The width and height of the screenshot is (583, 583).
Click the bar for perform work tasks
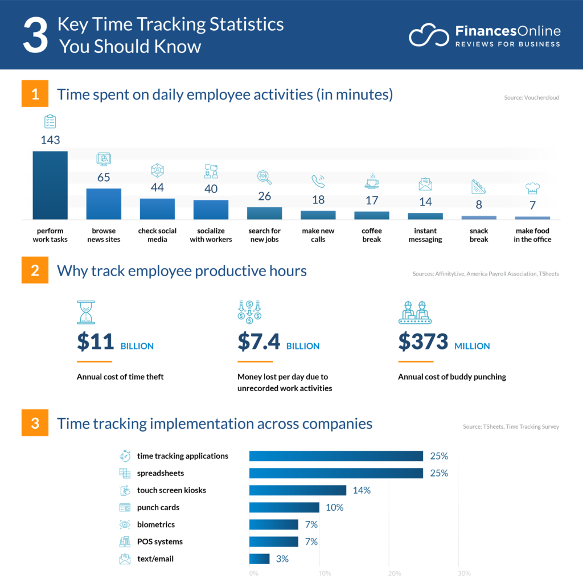coord(50,185)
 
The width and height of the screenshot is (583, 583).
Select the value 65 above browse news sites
coord(104,178)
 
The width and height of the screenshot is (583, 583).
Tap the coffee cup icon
coord(371,181)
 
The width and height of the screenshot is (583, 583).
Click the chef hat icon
coord(532,188)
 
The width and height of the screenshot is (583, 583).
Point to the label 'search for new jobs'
coord(264,235)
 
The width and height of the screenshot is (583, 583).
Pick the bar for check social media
coord(157,209)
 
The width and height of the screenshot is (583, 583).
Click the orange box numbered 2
coord(35,270)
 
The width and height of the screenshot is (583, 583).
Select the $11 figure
coord(95,342)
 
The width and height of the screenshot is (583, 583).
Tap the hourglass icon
coord(86,313)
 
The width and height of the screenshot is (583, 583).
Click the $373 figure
coord(423,342)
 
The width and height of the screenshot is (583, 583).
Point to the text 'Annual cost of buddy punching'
coord(452,377)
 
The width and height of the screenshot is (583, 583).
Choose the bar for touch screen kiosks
coord(298,490)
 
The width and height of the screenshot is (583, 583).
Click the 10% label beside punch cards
coord(334,507)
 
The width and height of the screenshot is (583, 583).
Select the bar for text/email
coord(260,559)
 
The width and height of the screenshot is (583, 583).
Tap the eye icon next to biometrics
coord(125,524)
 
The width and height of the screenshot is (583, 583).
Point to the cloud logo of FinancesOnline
coord(428,35)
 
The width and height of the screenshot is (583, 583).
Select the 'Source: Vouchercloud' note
coord(531,98)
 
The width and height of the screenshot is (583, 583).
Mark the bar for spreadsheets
coord(336,473)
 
